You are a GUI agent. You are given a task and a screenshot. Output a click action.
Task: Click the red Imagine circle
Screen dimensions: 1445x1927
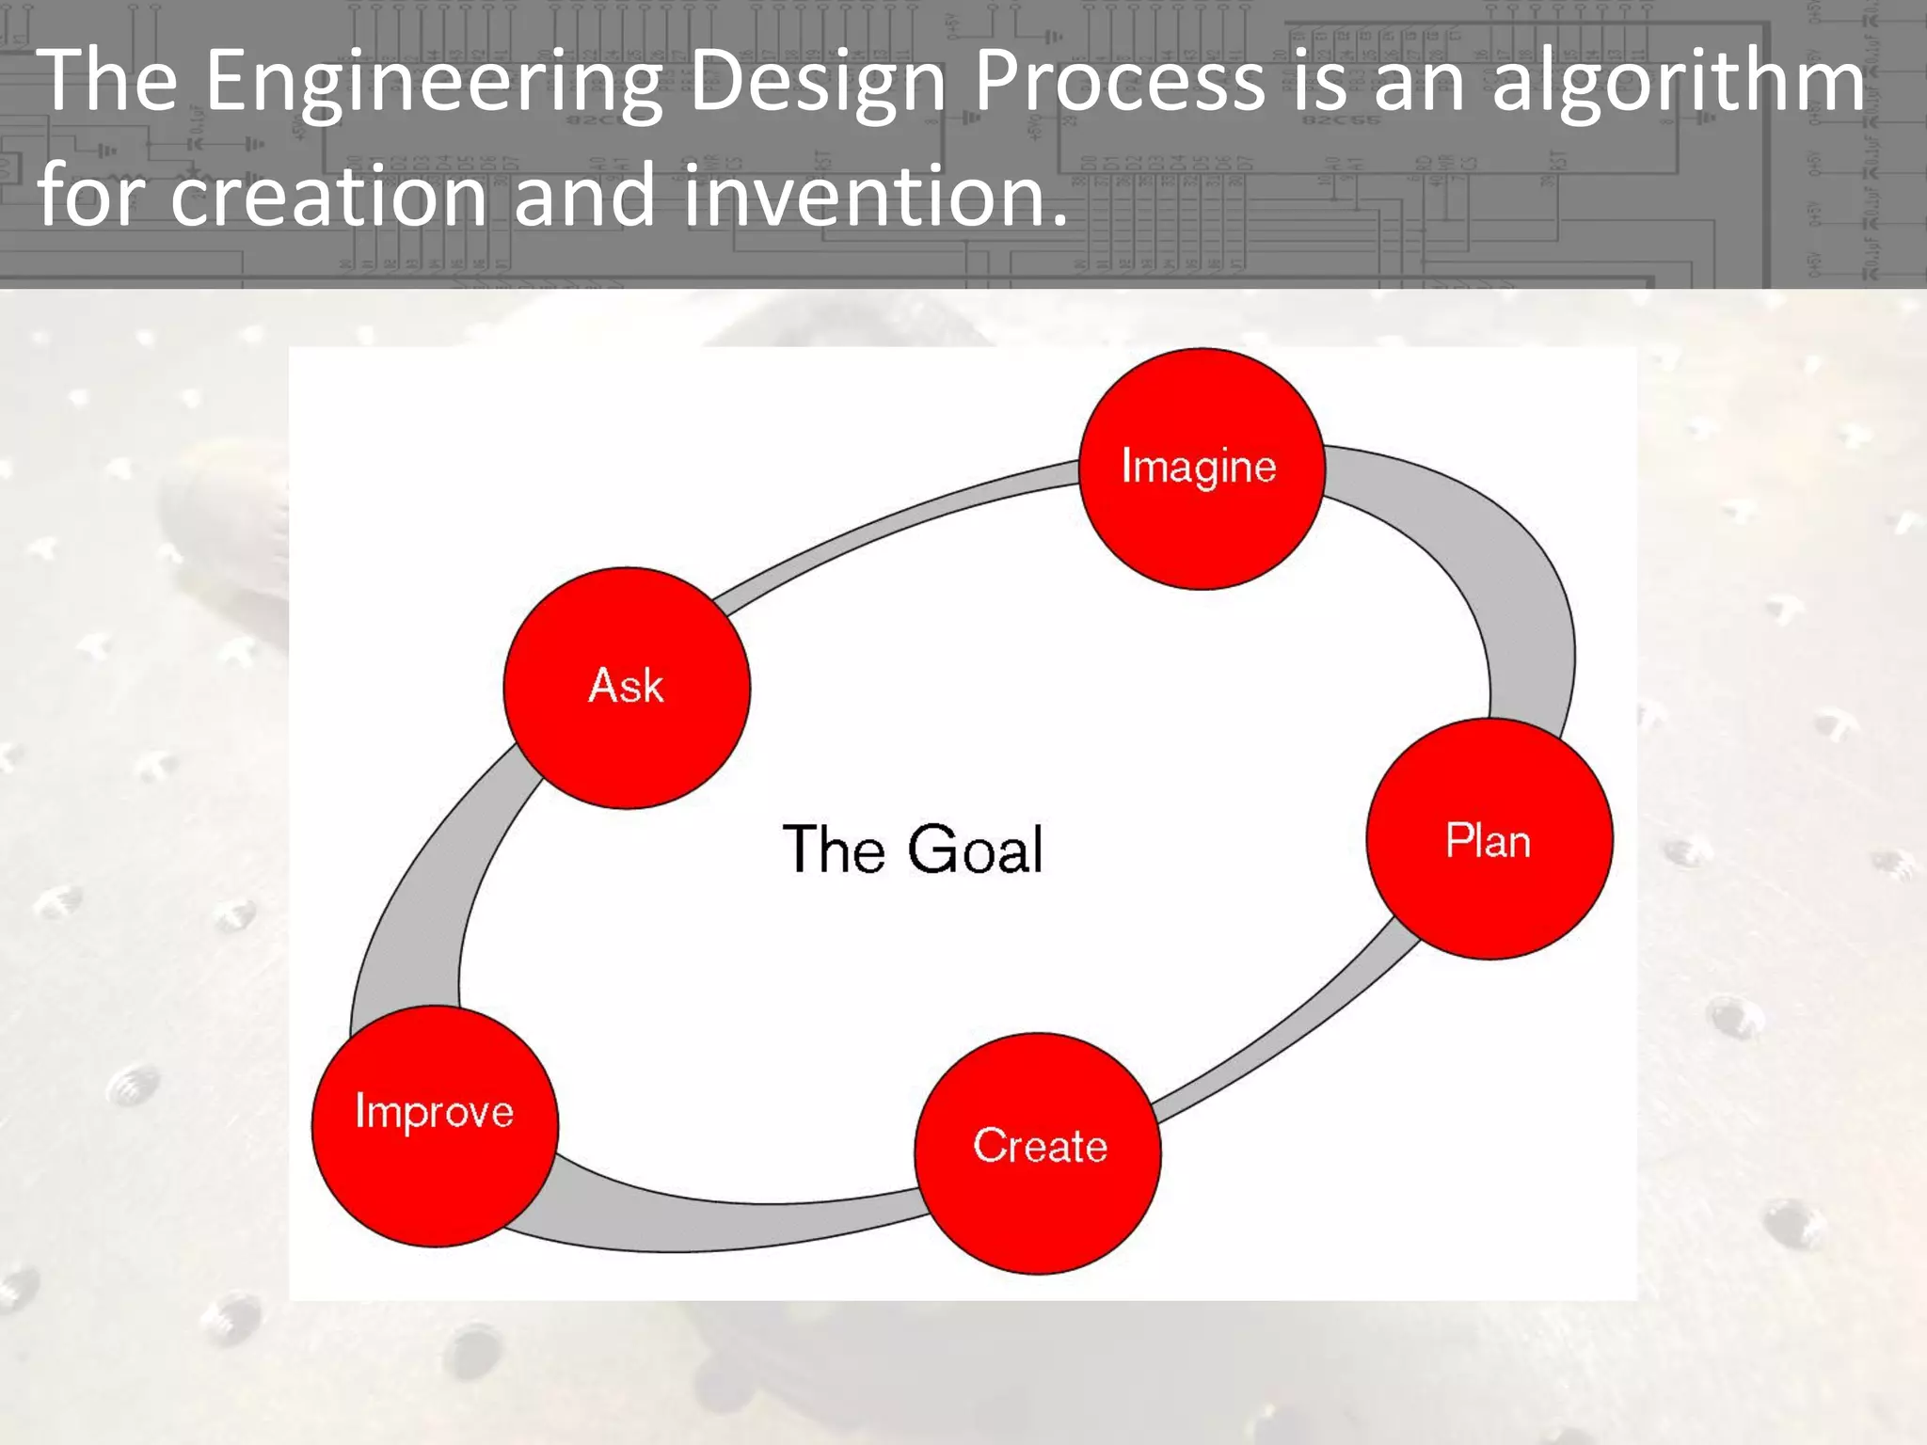pyautogui.click(x=1202, y=469)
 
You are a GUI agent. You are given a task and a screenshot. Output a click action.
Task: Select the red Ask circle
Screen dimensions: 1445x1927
pyautogui.click(x=627, y=688)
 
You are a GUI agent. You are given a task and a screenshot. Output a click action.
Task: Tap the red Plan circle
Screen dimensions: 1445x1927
pyautogui.click(x=1489, y=838)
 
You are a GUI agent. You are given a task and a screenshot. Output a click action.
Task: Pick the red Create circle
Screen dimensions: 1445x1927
pyautogui.click(x=1038, y=1153)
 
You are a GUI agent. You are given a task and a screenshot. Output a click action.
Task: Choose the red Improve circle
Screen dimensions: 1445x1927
pyautogui.click(x=435, y=1126)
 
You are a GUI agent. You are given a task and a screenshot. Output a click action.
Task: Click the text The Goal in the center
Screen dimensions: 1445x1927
pyautogui.click(x=913, y=850)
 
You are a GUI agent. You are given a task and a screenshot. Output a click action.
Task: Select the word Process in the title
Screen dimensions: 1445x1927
pyautogui.click(x=1119, y=81)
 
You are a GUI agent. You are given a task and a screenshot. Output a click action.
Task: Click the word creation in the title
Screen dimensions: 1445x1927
pyautogui.click(x=328, y=195)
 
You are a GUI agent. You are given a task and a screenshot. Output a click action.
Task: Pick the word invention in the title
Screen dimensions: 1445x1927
pyautogui.click(x=875, y=195)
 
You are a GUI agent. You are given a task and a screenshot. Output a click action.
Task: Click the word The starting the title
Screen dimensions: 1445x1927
pyautogui.click(x=106, y=81)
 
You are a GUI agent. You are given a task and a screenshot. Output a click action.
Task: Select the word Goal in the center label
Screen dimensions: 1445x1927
pyautogui.click(x=976, y=850)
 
